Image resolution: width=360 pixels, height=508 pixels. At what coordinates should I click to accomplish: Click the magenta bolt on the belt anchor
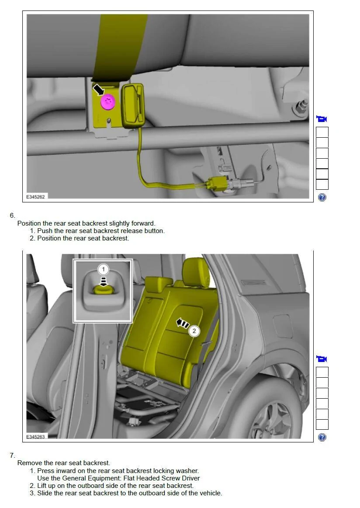(108, 102)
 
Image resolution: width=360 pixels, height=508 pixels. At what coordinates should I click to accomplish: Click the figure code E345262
(36, 197)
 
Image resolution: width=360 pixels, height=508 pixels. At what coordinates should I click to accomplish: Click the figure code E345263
(36, 437)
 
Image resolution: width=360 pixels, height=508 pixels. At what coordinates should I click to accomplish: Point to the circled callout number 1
(103, 269)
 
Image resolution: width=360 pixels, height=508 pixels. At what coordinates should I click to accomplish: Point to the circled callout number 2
(194, 331)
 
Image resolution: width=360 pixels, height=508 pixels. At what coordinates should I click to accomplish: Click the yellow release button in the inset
(103, 289)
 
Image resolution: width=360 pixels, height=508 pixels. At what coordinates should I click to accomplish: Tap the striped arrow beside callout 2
(183, 324)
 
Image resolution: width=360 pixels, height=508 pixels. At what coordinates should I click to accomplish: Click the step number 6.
(12, 216)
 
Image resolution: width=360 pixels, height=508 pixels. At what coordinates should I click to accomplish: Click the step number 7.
(12, 456)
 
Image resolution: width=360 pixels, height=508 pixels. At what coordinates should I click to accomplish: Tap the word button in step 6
(154, 231)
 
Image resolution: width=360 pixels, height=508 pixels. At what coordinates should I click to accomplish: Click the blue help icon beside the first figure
(322, 197)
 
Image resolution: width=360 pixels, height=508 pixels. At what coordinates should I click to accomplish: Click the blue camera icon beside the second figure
(322, 358)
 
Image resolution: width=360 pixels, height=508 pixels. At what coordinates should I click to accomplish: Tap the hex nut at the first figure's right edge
(300, 107)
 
